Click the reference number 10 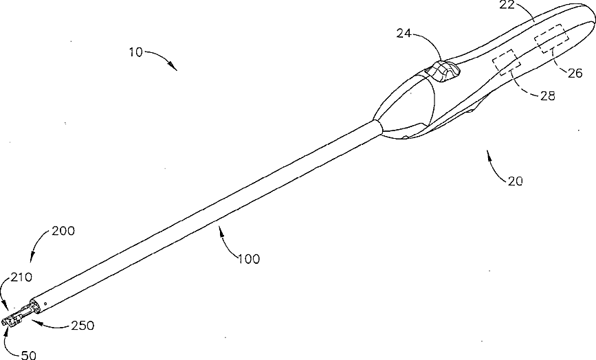(x=135, y=52)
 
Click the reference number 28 (x=547, y=96)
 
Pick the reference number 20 (x=516, y=181)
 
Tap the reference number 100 (x=249, y=259)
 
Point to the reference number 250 (x=82, y=325)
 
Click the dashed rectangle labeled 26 (x=551, y=38)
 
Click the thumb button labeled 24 (x=443, y=71)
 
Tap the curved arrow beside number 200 (x=38, y=247)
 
